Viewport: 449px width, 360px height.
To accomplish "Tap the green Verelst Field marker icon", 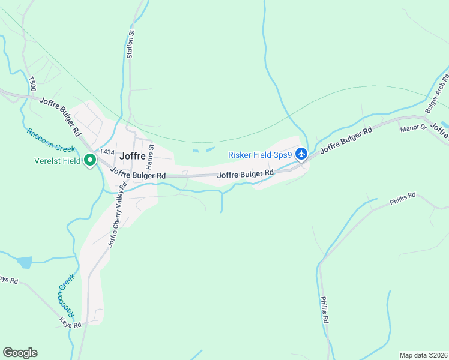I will coord(90,160).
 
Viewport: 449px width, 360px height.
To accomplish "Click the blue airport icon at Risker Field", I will coord(301,155).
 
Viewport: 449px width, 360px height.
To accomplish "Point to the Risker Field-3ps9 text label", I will coord(259,155).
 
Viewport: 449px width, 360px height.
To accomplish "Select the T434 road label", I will coord(107,152).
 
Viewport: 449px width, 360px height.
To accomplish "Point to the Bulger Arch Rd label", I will coord(436,94).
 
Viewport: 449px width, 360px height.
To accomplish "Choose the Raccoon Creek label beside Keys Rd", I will coord(65,295).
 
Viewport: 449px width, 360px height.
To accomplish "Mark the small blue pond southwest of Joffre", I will coord(25,262).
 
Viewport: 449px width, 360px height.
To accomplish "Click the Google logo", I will coord(20,353).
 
